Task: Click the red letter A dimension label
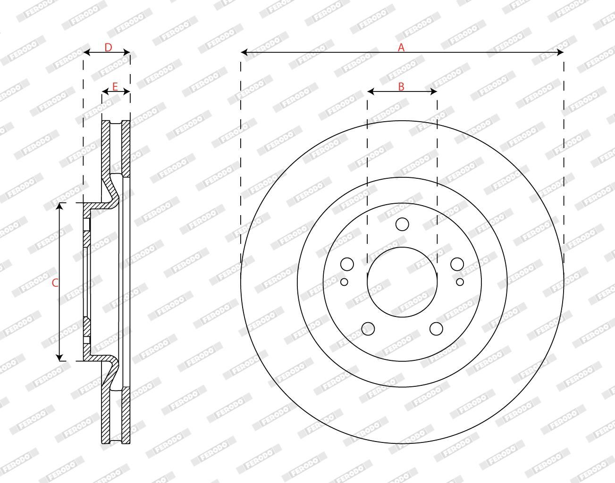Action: pyautogui.click(x=401, y=48)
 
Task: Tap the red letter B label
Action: pyautogui.click(x=401, y=87)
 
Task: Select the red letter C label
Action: pyautogui.click(x=55, y=283)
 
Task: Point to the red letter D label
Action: pyautogui.click(x=108, y=48)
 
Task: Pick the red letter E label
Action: pyautogui.click(x=115, y=87)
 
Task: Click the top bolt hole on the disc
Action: pyautogui.click(x=402, y=224)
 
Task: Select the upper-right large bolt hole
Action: pyautogui.click(x=457, y=264)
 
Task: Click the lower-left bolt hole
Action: pyautogui.click(x=368, y=329)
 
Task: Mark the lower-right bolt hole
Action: pyautogui.click(x=436, y=329)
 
